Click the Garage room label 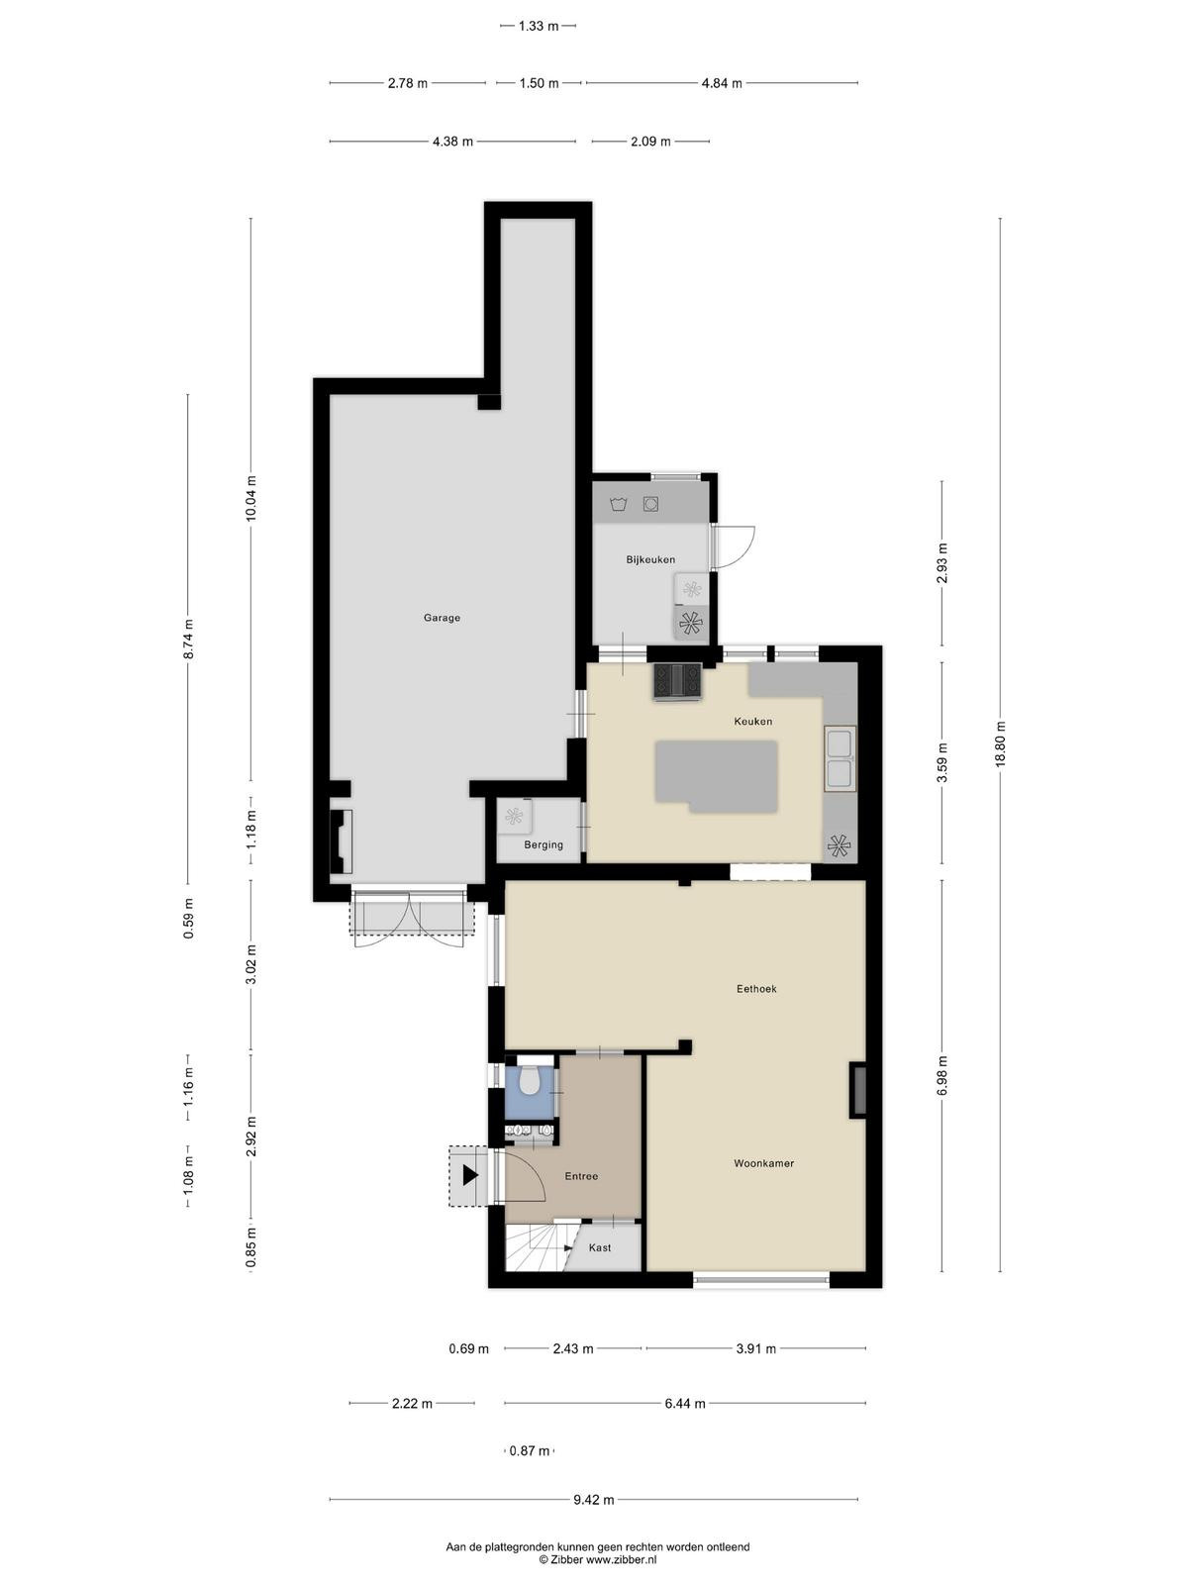[442, 618]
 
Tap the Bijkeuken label [650, 559]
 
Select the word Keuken [753, 721]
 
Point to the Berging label [544, 845]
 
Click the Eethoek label [756, 989]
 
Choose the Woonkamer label [764, 1163]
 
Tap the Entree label [581, 1176]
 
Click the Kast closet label [600, 1247]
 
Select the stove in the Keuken [677, 681]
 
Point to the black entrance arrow [470, 1176]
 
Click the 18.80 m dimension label [1000, 744]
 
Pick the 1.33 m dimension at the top [539, 26]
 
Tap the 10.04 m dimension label [250, 498]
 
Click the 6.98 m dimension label [942, 1075]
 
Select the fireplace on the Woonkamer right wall [857, 1091]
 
